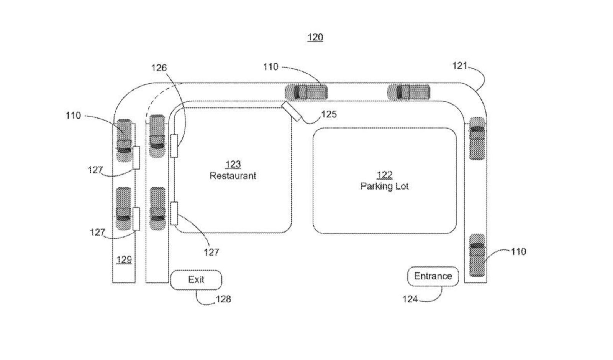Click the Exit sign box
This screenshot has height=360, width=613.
196,280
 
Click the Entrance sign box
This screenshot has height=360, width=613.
433,276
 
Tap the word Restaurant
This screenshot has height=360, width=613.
233,176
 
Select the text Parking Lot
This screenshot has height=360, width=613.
385,187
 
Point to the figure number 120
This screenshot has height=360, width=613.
315,37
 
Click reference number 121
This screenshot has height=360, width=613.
459,66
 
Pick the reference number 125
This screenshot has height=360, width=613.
329,114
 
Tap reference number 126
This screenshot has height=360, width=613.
159,68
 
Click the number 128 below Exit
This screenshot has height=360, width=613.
224,299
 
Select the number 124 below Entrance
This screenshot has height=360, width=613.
410,299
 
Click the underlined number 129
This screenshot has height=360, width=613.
124,260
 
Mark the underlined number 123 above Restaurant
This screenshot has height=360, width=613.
233,165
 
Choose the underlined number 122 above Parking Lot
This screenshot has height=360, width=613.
385,175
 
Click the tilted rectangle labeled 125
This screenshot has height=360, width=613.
292,111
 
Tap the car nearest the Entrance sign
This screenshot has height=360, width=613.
477,255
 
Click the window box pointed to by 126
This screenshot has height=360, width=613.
174,146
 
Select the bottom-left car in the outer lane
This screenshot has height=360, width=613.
124,209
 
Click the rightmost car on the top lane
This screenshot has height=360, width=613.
408,92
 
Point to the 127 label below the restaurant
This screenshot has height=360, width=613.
211,252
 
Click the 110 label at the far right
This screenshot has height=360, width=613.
519,252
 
